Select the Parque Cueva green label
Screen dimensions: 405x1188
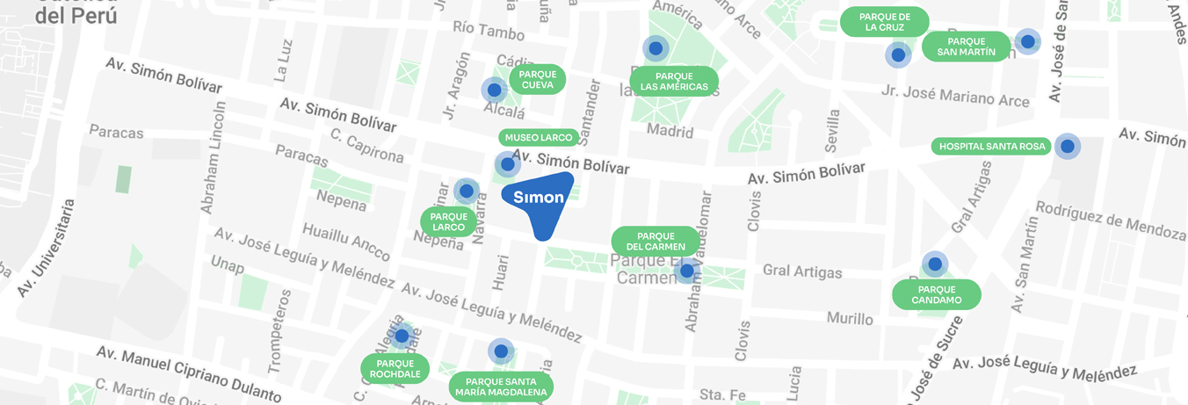[537, 79]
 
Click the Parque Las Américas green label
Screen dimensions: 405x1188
[674, 81]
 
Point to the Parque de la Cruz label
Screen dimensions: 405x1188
[885, 22]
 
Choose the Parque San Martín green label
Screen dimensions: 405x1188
[966, 47]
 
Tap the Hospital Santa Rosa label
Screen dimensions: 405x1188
[993, 147]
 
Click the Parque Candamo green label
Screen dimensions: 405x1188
[937, 294]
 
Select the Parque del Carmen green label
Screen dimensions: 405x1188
[656, 241]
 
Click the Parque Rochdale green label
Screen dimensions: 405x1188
[395, 369]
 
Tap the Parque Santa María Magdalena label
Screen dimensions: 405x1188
[501, 387]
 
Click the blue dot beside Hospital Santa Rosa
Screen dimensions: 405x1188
[1067, 147]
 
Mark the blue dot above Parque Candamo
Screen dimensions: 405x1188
[935, 264]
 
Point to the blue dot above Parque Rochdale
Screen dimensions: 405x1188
[402, 336]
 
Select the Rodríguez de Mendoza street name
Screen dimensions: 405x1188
[1111, 220]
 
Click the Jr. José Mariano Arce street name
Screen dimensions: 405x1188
[955, 96]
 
